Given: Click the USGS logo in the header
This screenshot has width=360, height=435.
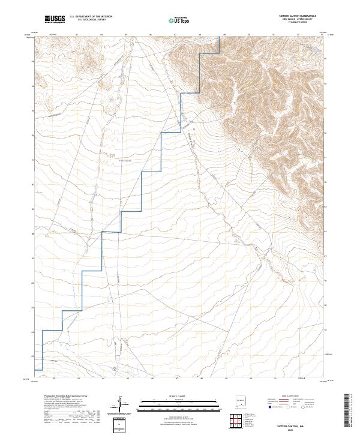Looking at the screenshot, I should coord(55,20).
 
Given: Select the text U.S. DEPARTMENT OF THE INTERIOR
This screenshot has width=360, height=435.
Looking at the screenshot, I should coord(91,17).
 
